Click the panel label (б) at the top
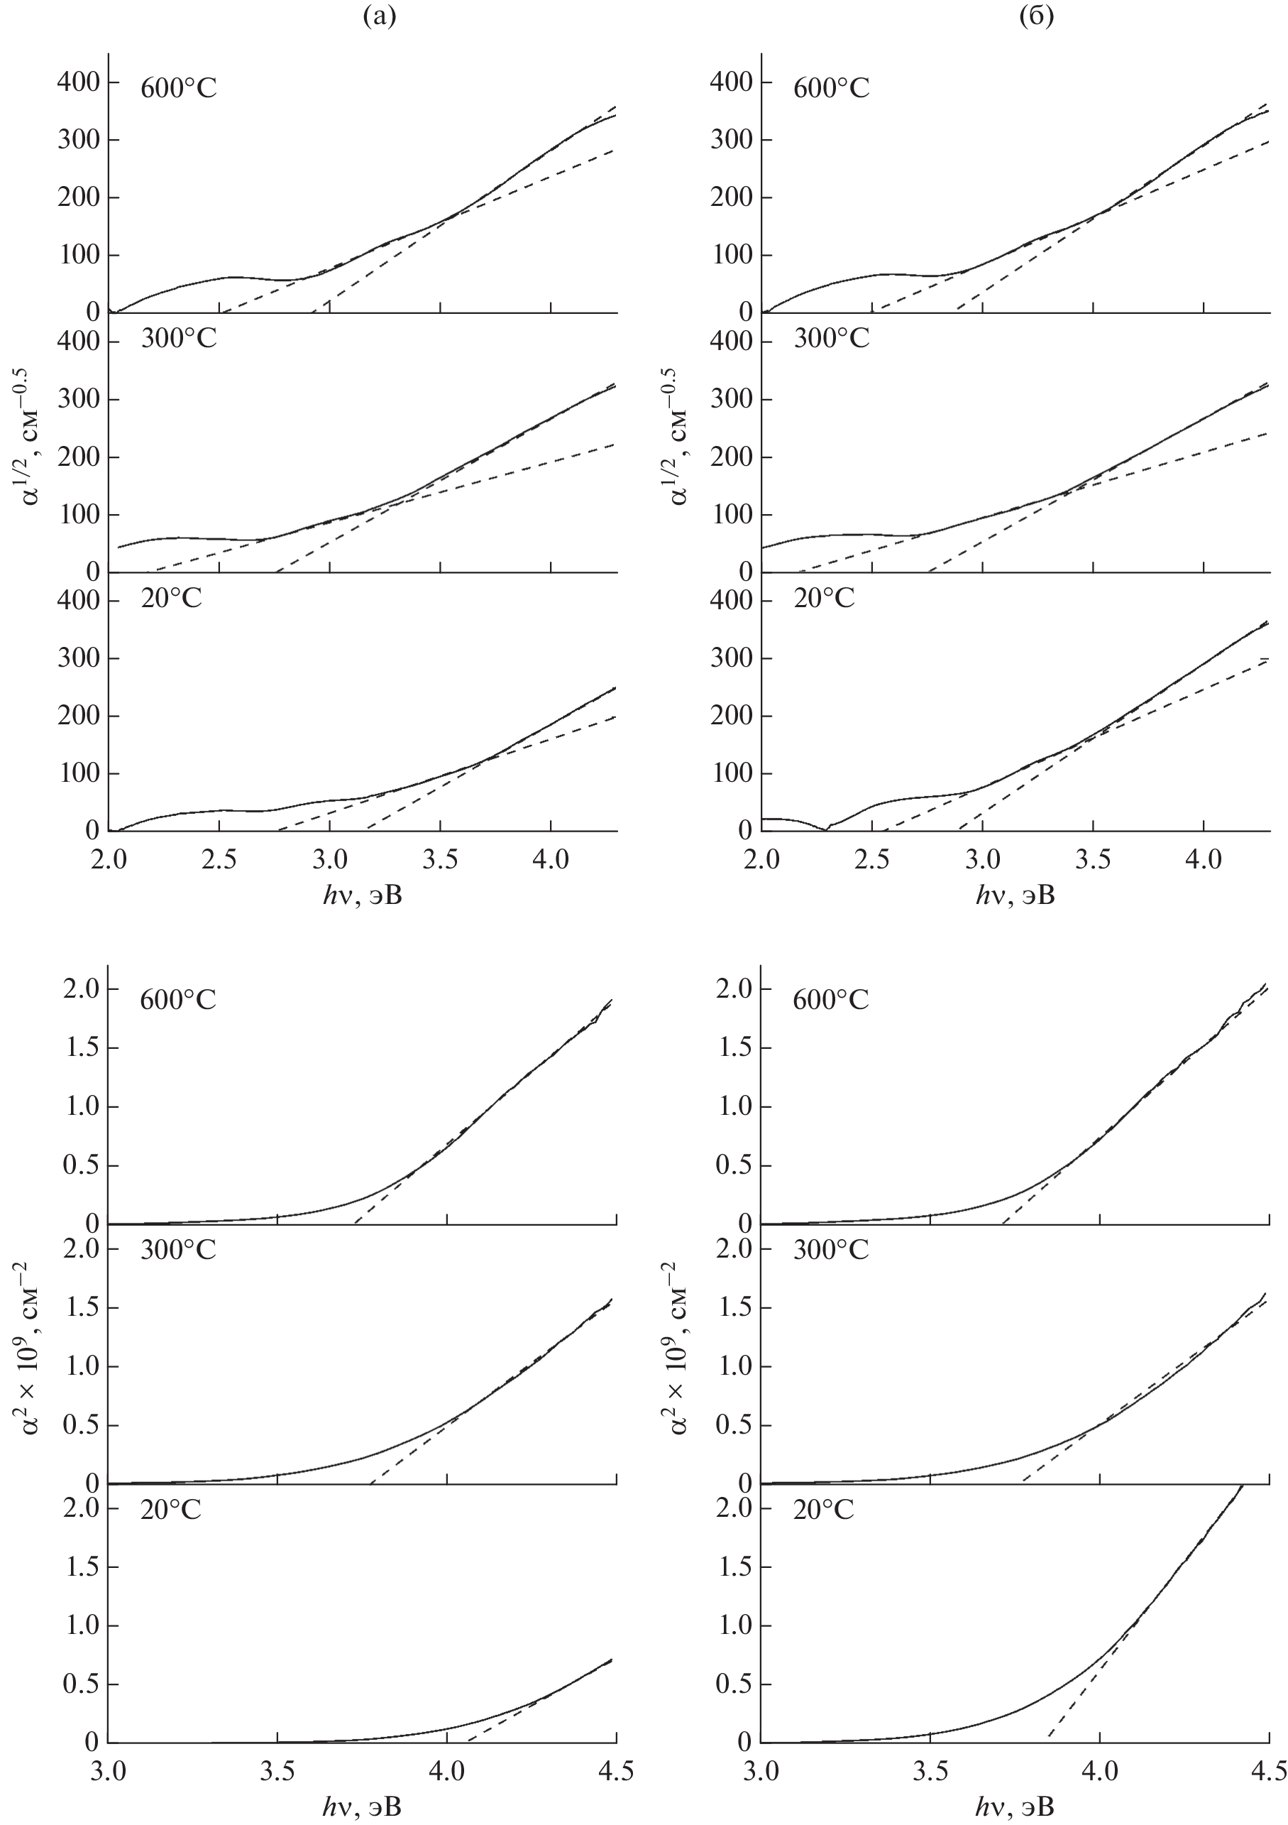1036,18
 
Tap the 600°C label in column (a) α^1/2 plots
178,87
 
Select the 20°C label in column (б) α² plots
823,1509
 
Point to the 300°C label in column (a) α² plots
178,1251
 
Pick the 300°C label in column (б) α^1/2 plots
831,339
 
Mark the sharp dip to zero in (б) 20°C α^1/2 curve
826,829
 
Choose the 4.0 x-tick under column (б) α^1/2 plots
1203,859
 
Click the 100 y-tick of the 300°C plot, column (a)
78,515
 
